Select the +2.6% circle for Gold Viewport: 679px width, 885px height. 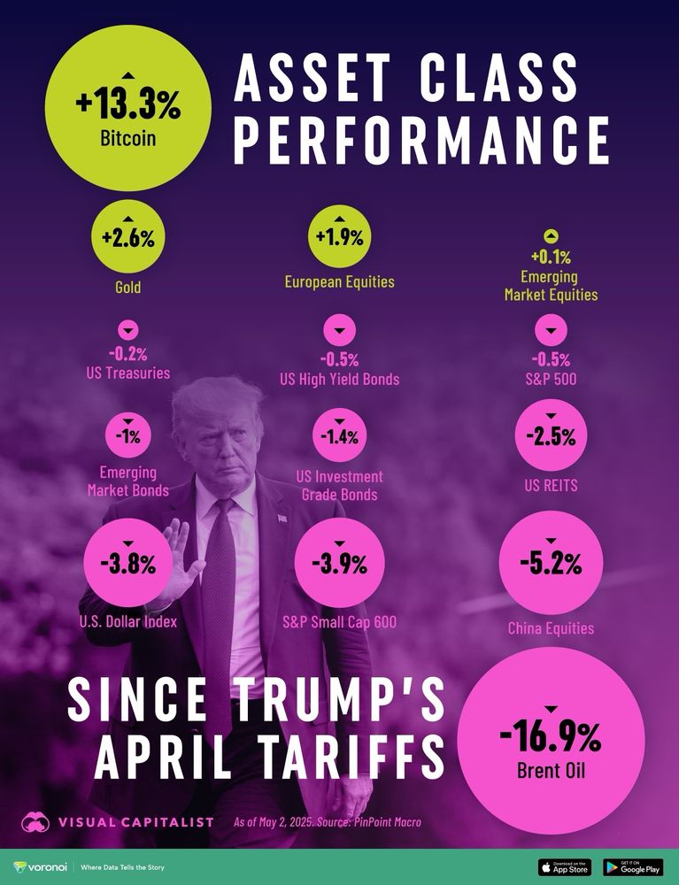coord(127,237)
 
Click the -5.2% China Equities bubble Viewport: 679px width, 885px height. coord(551,562)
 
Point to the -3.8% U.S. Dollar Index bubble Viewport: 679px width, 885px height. coord(127,563)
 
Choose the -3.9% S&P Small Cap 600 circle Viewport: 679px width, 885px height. coord(339,563)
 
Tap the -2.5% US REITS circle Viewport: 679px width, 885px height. coord(551,435)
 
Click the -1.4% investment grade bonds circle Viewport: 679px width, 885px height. coord(339,435)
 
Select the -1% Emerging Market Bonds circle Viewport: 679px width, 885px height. coord(127,435)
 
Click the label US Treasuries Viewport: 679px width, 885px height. coord(127,373)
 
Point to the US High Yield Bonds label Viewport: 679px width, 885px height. coord(339,379)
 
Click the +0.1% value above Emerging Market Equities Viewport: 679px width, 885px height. coord(551,258)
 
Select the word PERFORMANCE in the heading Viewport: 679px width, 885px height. coord(421,139)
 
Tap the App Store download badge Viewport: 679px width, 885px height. coord(566,867)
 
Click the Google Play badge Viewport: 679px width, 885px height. coord(633,867)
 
